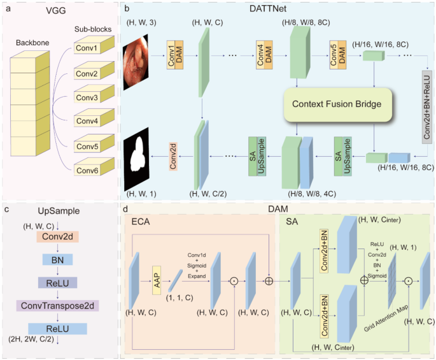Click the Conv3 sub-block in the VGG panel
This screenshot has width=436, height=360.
click(x=88, y=97)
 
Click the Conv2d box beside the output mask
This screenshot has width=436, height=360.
click(x=172, y=155)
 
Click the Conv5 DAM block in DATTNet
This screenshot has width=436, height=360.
click(x=337, y=57)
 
